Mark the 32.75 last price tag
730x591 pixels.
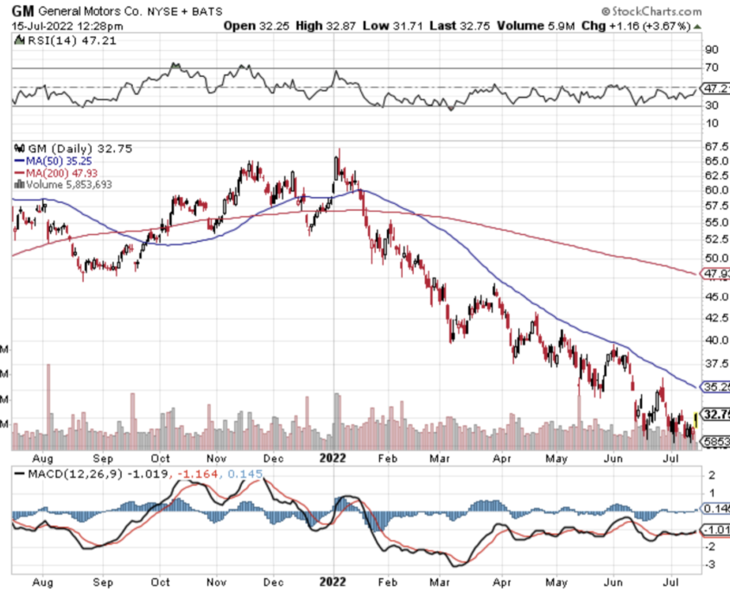click(x=716, y=414)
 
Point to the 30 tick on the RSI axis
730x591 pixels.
click(x=713, y=105)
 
